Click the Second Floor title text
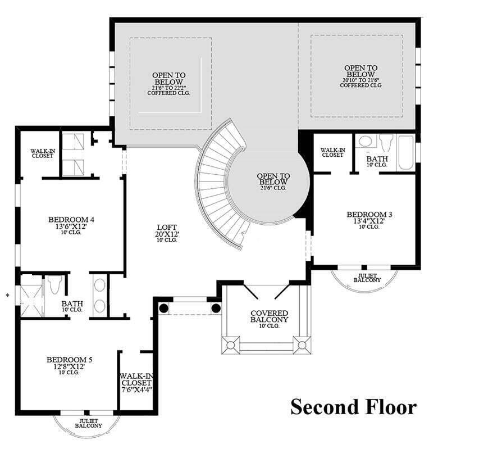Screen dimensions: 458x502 pos(353,406)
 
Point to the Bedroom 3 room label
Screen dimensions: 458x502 pos(369,214)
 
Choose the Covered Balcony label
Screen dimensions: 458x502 pos(270,316)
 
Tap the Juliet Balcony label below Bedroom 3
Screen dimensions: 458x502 pos(367,278)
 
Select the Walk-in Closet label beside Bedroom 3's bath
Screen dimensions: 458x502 pos(332,152)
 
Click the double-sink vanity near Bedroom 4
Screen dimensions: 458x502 pos(99,295)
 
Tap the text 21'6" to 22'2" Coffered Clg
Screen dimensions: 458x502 pos(169,90)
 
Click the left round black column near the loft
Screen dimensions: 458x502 pos(164,308)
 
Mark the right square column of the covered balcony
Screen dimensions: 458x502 pos(302,344)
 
